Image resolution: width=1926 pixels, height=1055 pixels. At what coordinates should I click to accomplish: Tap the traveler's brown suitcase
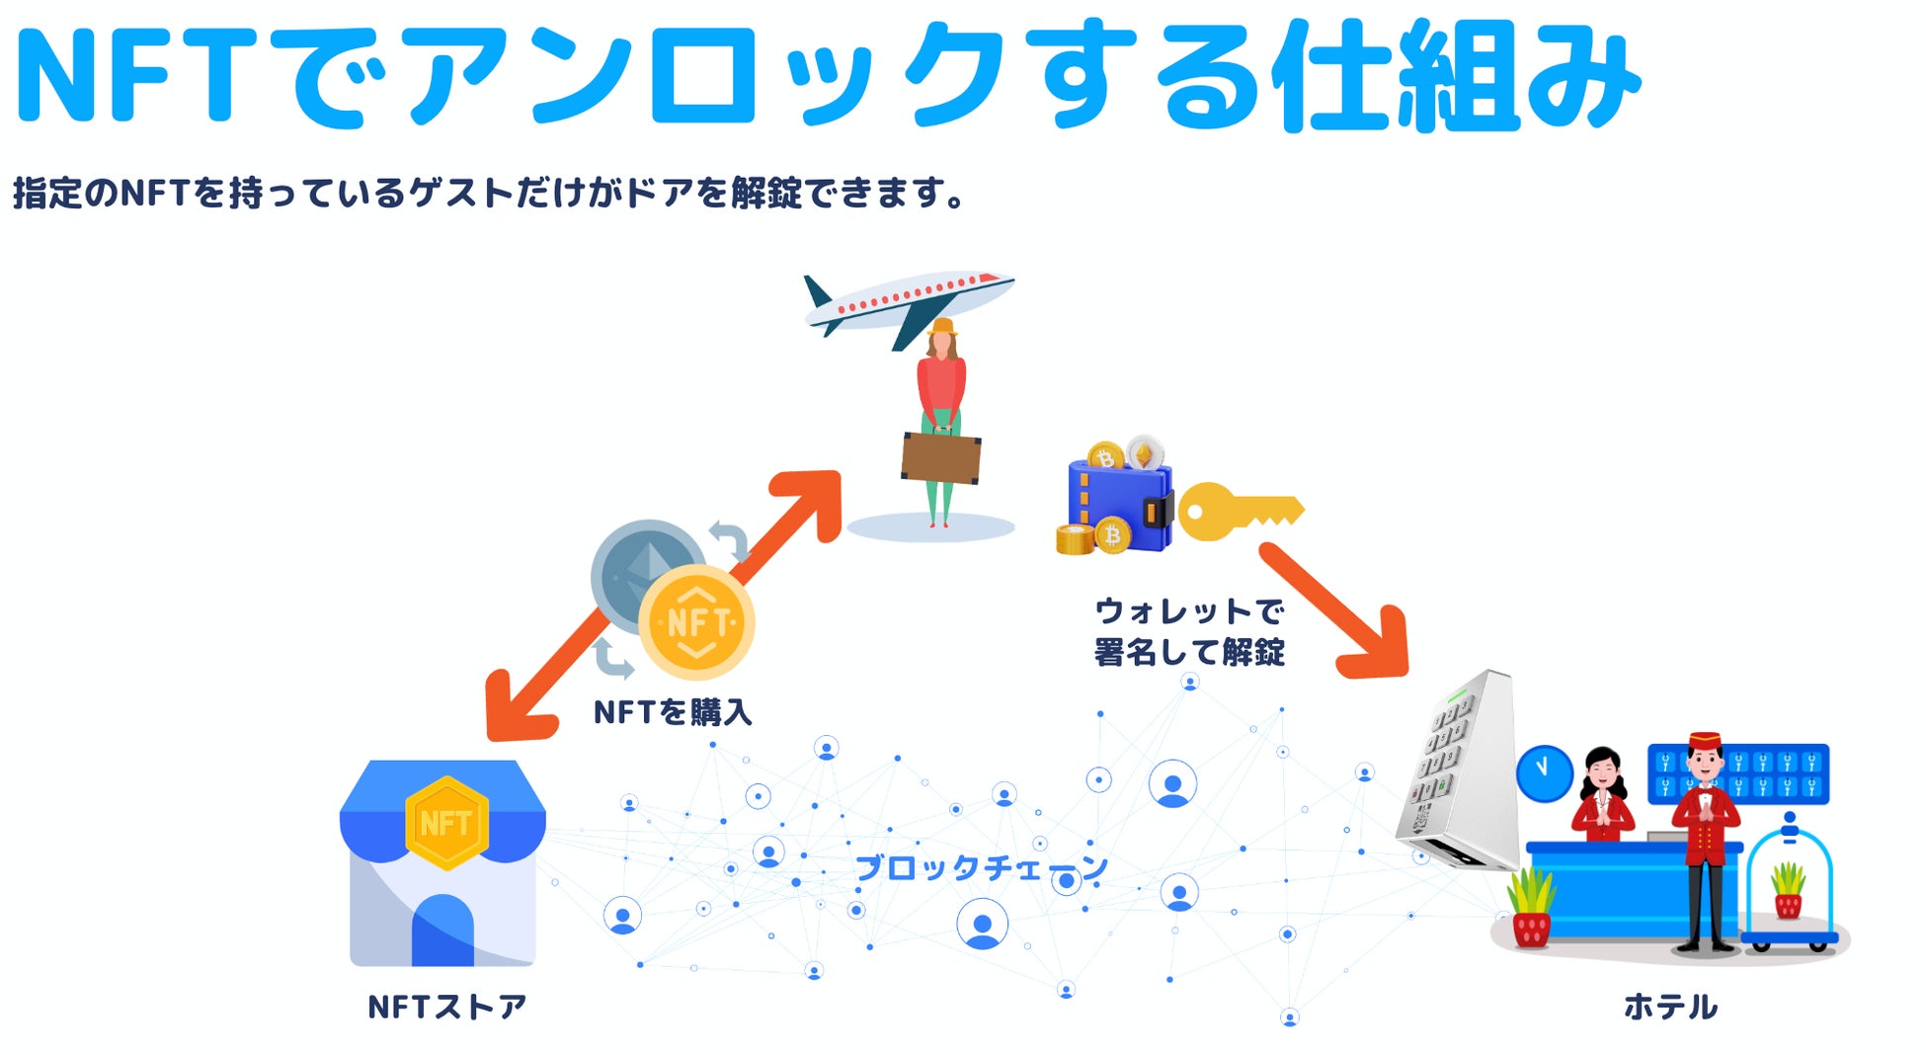[x=940, y=456]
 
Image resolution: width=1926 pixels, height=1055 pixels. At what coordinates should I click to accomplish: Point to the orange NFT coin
[x=697, y=622]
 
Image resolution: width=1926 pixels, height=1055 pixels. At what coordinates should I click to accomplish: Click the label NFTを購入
[x=673, y=712]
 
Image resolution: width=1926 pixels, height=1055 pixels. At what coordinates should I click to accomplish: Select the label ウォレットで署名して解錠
[x=1189, y=631]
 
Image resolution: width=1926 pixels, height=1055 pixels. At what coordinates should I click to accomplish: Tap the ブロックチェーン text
[x=981, y=867]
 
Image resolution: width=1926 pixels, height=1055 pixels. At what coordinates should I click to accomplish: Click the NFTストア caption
[x=447, y=1007]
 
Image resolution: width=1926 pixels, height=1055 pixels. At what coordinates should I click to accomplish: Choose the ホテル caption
[x=1670, y=1007]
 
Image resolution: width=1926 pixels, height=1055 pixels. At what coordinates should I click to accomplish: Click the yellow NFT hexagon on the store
[x=446, y=823]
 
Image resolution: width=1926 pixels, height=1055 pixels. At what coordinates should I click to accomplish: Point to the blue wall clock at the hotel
[x=1544, y=772]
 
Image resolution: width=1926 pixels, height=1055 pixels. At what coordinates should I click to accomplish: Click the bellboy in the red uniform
[x=1705, y=840]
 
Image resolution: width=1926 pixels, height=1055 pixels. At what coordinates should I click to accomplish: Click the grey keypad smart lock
[x=1461, y=771]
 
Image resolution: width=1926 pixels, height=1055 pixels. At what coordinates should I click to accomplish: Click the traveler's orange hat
[x=943, y=326]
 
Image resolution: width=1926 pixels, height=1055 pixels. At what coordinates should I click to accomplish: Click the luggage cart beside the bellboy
[x=1790, y=889]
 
